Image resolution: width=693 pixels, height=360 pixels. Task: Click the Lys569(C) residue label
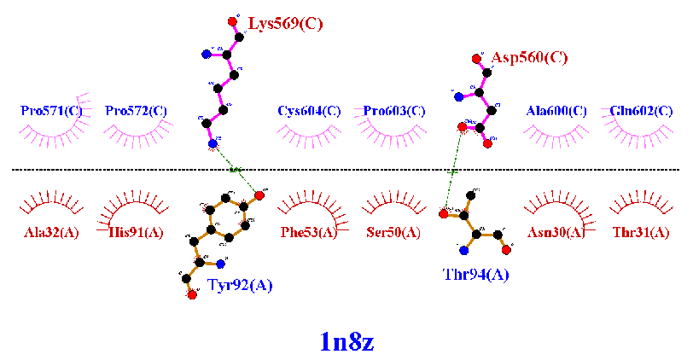tap(285, 24)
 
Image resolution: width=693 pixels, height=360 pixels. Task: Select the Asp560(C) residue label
tap(529, 58)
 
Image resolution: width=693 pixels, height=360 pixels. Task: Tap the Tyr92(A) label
tap(240, 286)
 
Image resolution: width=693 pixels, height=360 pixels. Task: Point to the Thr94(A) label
tap(475, 274)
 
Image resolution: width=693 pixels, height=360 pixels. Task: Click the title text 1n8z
tap(346, 341)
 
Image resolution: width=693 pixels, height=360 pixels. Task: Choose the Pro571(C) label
tap(52, 111)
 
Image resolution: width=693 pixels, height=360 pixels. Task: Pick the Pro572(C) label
tap(136, 111)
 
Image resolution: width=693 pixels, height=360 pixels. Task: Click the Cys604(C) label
tap(309, 111)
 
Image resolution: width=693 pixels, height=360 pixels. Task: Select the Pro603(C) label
tap(394, 111)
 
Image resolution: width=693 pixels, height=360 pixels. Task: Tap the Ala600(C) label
tap(556, 111)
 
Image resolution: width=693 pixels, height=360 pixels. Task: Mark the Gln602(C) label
tap(640, 111)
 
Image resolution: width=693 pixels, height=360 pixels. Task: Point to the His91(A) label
tap(136, 232)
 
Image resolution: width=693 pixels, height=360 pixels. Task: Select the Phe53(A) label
tap(309, 232)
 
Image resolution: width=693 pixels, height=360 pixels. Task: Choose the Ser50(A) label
tap(393, 232)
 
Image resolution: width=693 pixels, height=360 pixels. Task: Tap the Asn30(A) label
tap(556, 232)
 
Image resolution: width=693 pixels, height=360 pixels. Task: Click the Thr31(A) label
tap(640, 232)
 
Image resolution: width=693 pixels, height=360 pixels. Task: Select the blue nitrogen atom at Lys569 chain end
tap(213, 144)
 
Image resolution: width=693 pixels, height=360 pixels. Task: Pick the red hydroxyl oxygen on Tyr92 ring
tap(259, 196)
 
